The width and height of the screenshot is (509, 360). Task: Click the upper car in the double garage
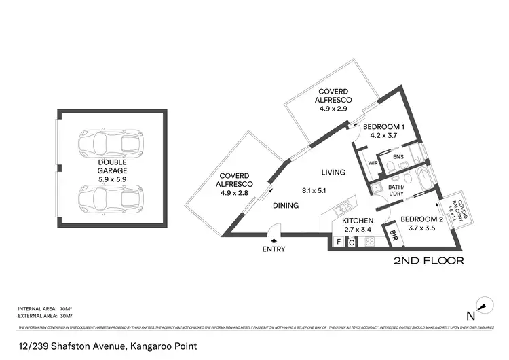[x=111, y=144]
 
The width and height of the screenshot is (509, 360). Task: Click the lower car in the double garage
[x=111, y=200]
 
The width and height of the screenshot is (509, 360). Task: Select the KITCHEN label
[x=358, y=221]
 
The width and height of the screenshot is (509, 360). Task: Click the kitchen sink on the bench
[x=343, y=202]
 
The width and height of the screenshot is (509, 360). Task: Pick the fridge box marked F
[x=338, y=241]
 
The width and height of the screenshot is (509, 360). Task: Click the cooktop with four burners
[x=370, y=241]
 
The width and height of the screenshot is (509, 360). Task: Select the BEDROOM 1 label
[x=383, y=126]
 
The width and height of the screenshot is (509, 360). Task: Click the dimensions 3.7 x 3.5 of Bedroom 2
[x=416, y=230]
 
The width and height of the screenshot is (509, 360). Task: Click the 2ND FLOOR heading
[x=429, y=260]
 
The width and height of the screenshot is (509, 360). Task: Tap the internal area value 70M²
[x=66, y=309]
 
